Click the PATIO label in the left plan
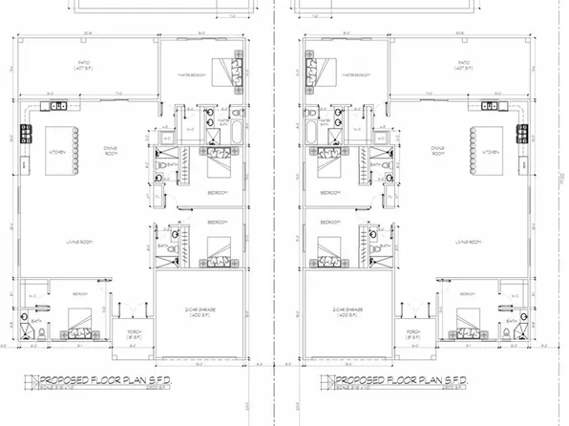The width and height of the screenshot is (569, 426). (x=83, y=66)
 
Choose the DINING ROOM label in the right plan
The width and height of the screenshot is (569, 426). (x=438, y=151)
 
